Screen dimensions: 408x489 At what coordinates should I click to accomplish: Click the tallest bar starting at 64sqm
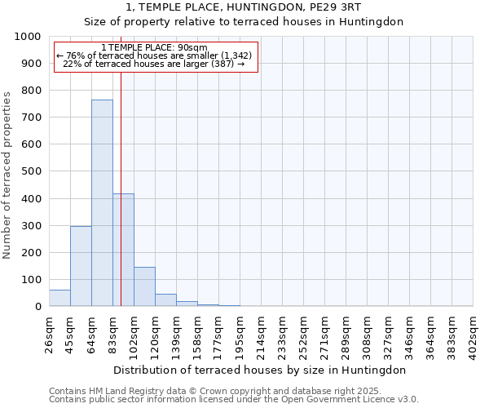point(102,202)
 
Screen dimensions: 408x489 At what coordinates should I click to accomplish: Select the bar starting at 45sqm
point(81,266)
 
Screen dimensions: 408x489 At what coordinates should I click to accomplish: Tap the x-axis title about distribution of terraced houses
point(260,370)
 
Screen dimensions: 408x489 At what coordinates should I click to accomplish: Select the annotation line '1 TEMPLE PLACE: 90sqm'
point(155,47)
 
